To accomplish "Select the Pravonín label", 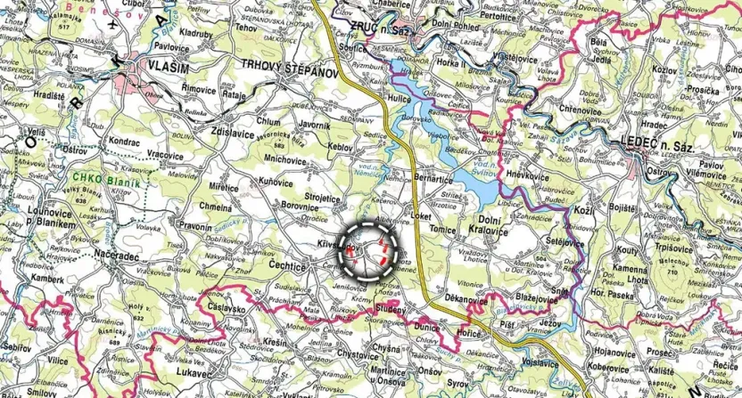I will tap(195, 227).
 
